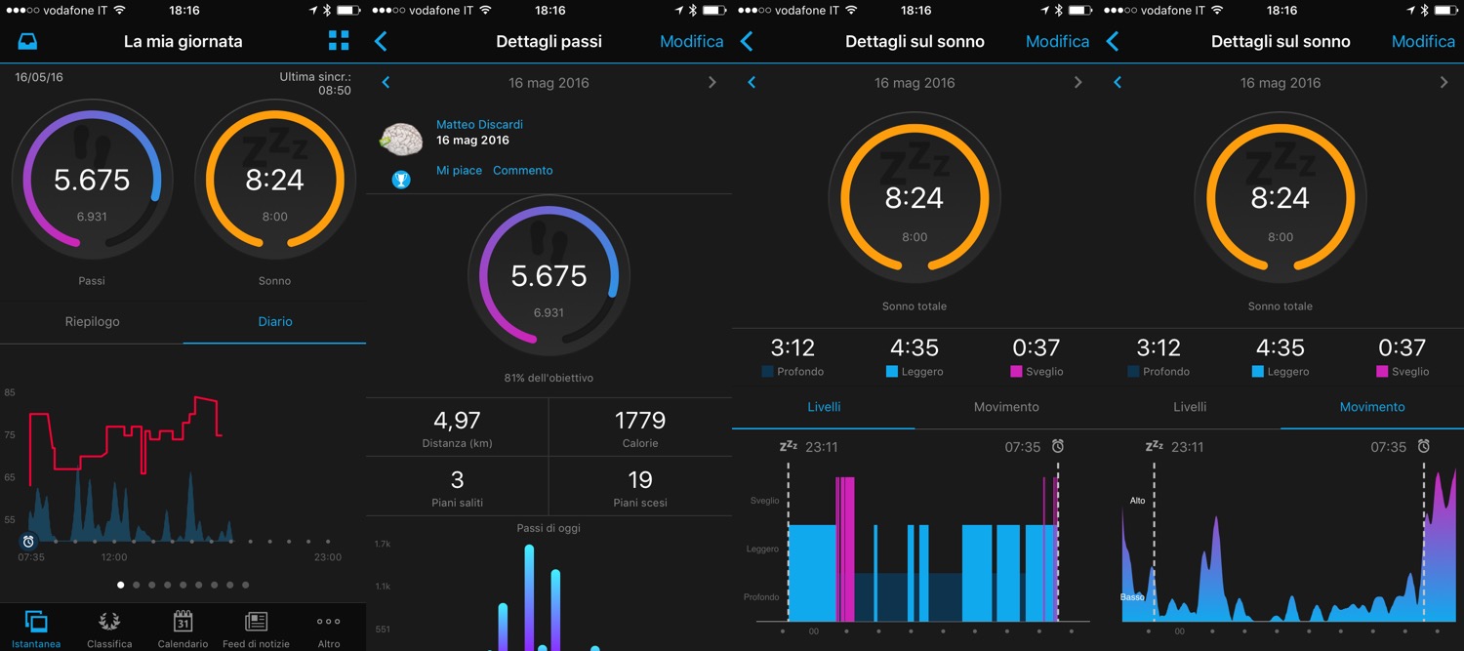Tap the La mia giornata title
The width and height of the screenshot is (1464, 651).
(183, 42)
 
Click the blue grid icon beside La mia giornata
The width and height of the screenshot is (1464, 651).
(339, 40)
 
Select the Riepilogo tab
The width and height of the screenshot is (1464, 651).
(92, 321)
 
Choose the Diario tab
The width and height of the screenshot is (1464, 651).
(274, 321)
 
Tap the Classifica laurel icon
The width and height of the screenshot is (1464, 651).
(109, 622)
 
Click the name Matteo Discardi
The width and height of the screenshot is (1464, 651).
(479, 124)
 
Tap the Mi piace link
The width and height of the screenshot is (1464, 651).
(459, 170)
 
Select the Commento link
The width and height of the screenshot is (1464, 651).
(522, 170)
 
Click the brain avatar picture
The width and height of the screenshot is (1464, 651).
(400, 140)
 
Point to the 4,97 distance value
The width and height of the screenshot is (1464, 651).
(457, 421)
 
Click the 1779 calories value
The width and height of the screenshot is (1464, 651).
(640, 421)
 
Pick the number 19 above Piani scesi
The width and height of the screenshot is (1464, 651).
(640, 479)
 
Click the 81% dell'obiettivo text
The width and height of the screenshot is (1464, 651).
(549, 378)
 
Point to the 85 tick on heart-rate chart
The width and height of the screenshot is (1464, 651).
(10, 392)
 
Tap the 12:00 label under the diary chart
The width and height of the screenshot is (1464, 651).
(114, 557)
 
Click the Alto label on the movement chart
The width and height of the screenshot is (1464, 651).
(1137, 501)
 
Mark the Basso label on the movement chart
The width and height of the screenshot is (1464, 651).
(1132, 596)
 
